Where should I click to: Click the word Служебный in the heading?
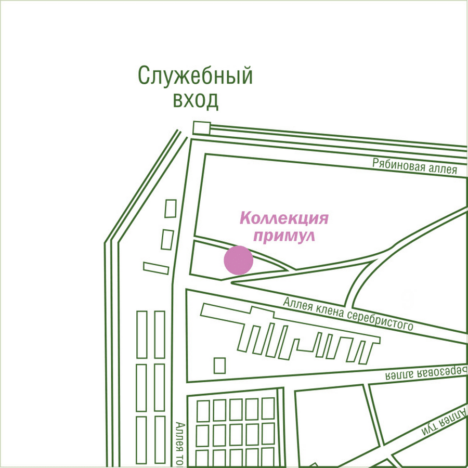196,76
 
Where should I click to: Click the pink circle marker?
238,261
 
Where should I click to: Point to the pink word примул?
284,236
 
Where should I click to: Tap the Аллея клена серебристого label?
348,314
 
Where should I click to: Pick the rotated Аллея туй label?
444,421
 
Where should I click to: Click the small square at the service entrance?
200,127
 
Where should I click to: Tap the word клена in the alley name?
327,309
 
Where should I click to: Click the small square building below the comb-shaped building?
220,365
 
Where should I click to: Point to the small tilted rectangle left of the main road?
156,268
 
